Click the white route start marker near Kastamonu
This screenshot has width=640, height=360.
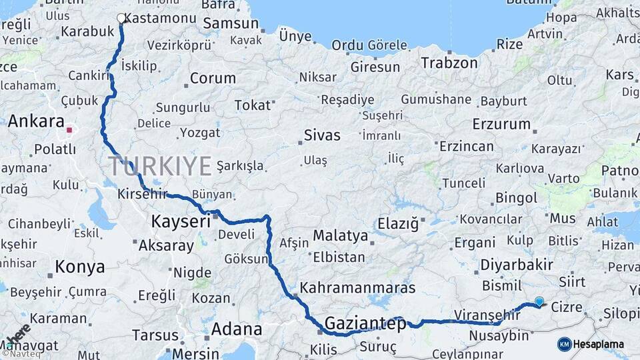(x=121, y=18)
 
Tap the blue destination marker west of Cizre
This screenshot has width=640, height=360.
(x=539, y=301)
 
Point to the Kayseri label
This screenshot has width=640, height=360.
(x=177, y=221)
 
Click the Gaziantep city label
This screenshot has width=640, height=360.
(x=365, y=324)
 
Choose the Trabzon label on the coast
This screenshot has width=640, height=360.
(x=449, y=63)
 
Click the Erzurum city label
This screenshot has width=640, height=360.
(x=501, y=124)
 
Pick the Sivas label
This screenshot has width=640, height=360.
(x=322, y=135)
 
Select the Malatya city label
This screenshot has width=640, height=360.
(x=340, y=235)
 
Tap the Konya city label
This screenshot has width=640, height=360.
(x=80, y=267)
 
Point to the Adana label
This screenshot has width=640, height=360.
(x=236, y=329)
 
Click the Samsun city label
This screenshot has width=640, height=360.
(x=230, y=23)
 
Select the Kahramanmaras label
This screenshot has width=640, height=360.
(x=357, y=289)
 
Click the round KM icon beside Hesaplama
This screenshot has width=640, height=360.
(x=564, y=344)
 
